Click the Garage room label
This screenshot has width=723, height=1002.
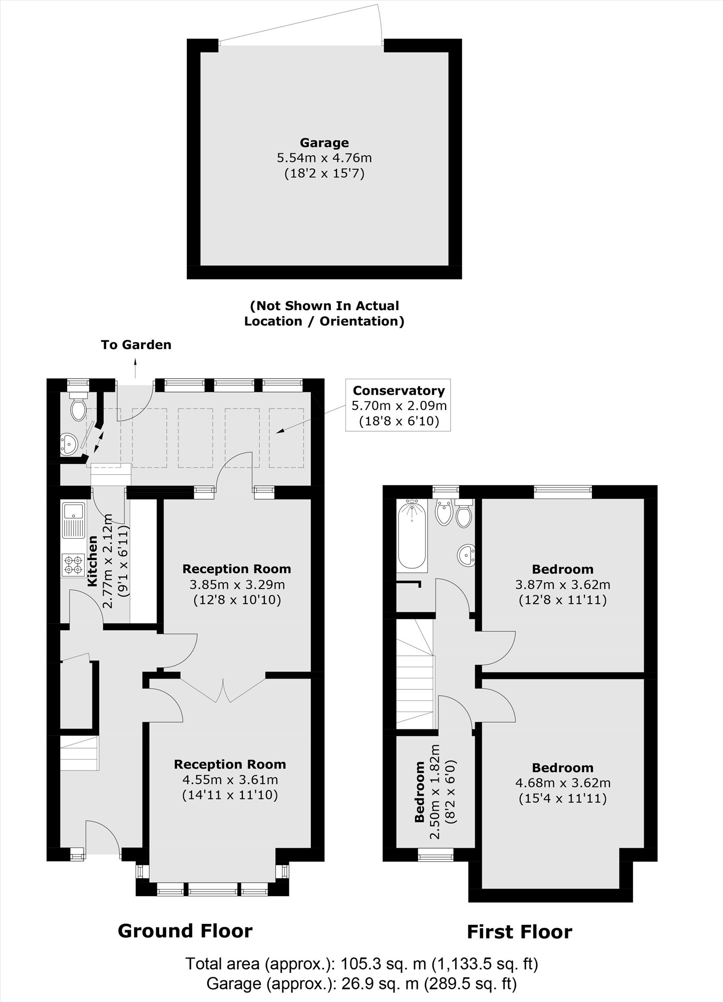click(324, 143)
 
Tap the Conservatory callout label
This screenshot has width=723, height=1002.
click(399, 391)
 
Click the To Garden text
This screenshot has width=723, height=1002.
click(136, 345)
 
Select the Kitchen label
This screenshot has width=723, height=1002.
click(93, 561)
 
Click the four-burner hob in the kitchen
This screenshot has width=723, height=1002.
click(73, 564)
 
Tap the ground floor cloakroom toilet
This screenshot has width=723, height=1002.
click(78, 408)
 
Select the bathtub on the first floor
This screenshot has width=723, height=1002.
click(412, 535)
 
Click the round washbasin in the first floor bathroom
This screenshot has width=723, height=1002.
click(467, 556)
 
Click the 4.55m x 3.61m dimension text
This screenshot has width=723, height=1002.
click(230, 780)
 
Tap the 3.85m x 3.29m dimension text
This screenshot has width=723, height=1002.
click(237, 584)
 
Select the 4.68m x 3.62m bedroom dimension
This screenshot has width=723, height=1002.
click(563, 783)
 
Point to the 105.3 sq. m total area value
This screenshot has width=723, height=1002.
click(383, 963)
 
